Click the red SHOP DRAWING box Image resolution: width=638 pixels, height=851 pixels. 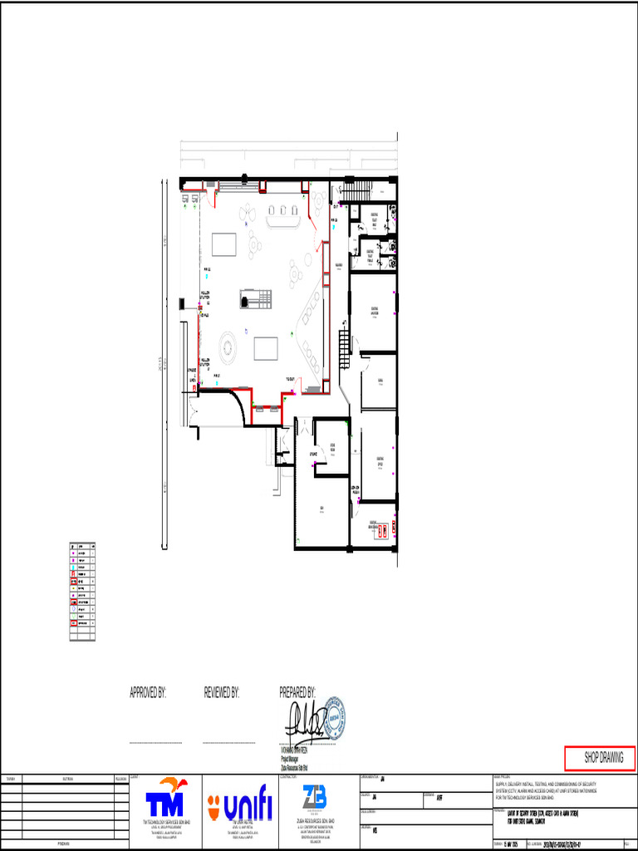pos(599,758)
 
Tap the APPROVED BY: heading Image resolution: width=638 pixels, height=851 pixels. pos(148,692)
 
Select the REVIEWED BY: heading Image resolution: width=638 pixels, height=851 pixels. pos(222,692)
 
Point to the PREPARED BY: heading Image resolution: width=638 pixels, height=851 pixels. pos(297,692)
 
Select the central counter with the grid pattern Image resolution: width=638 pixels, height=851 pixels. pos(255,298)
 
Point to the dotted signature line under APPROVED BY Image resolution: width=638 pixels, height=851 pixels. pos(157,742)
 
